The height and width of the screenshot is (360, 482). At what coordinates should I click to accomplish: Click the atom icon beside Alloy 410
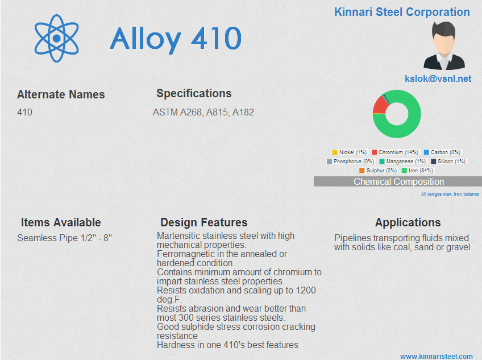(x=57, y=38)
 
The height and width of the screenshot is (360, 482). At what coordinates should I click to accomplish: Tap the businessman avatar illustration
(x=444, y=45)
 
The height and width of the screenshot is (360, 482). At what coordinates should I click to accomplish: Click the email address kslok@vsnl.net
(x=438, y=79)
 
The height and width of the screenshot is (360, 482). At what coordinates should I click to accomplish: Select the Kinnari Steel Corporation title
(x=402, y=12)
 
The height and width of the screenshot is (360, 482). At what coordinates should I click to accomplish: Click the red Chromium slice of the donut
(x=379, y=105)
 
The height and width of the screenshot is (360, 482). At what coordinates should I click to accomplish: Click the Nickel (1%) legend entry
(x=350, y=152)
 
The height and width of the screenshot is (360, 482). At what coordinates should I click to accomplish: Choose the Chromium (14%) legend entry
(x=395, y=152)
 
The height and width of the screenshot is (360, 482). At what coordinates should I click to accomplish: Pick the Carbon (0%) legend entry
(x=442, y=152)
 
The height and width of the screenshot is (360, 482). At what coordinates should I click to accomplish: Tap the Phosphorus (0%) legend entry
(x=351, y=161)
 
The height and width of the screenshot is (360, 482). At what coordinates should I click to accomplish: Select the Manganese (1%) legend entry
(x=402, y=161)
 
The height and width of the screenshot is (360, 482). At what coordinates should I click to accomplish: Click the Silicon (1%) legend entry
(x=448, y=161)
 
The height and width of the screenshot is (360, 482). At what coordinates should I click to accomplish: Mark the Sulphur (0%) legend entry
(x=378, y=171)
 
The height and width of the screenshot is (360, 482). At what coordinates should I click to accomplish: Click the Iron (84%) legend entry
(x=417, y=171)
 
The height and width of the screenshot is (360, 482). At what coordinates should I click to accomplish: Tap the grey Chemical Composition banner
(x=398, y=181)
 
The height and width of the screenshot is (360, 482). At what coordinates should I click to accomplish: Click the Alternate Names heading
(x=61, y=94)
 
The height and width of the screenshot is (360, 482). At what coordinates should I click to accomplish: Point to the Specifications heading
(x=194, y=93)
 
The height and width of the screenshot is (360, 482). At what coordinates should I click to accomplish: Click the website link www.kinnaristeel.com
(x=437, y=357)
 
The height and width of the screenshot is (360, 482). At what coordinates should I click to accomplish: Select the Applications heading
(x=408, y=222)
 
